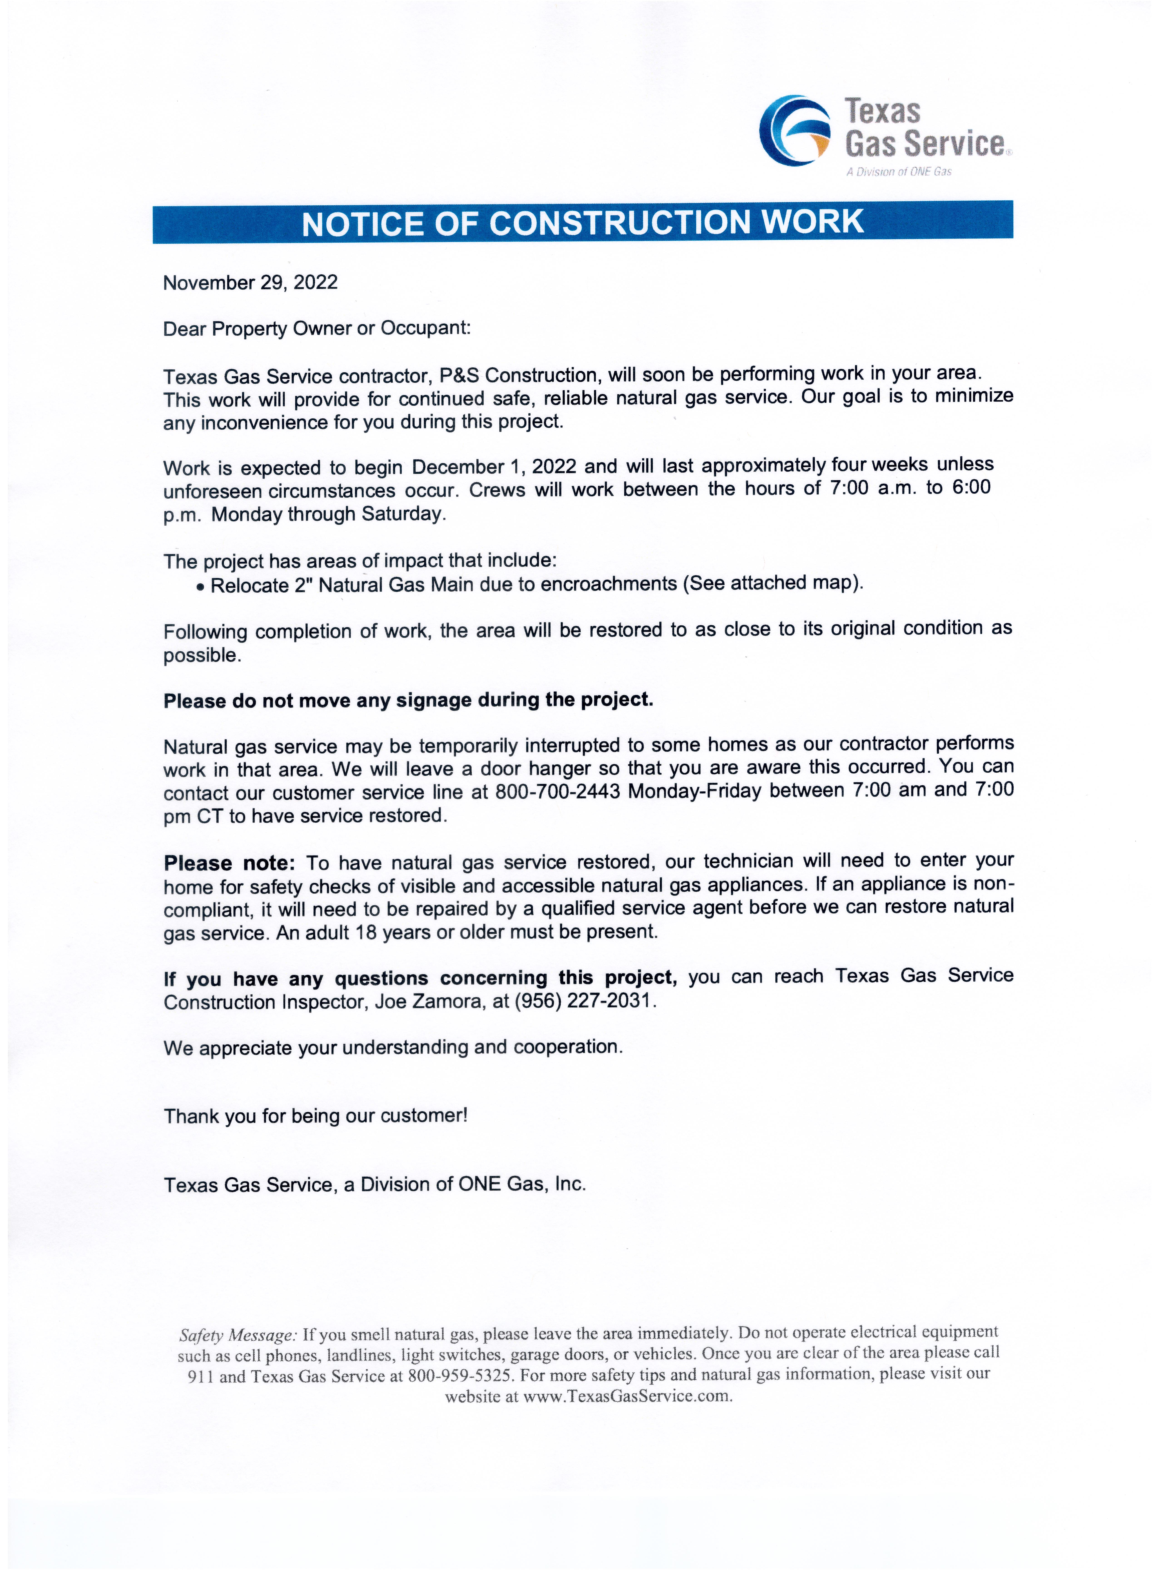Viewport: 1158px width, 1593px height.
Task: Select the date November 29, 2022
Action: (x=250, y=283)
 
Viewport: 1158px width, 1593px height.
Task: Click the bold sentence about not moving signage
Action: (x=408, y=701)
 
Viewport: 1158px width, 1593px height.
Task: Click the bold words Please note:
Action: (x=229, y=863)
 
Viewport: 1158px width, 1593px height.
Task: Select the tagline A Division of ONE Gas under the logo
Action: (x=899, y=172)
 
